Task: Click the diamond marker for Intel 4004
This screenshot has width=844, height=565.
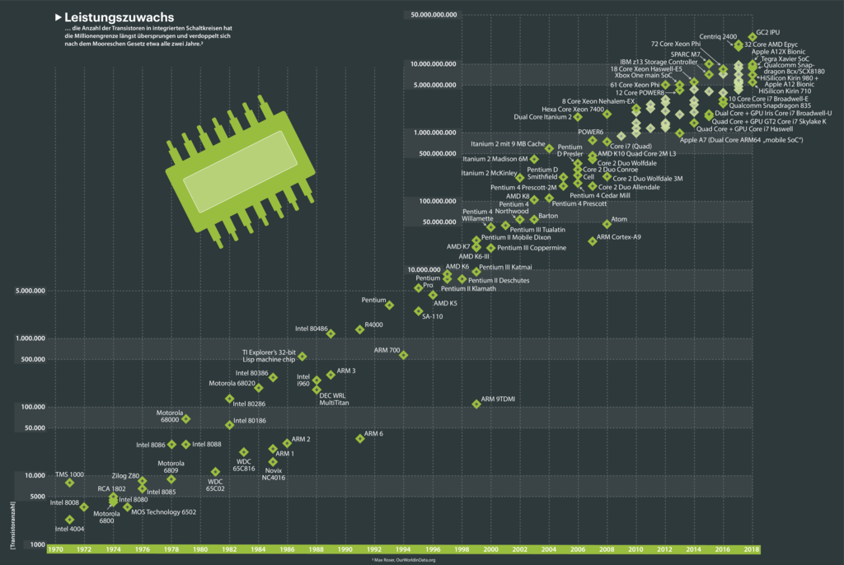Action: point(69,520)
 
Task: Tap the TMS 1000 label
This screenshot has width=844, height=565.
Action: point(69,474)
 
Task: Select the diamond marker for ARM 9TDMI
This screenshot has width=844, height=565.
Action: point(476,404)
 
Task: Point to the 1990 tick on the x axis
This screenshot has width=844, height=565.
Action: point(345,549)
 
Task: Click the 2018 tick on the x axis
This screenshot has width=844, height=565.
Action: point(752,549)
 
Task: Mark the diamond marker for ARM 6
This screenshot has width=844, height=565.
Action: point(359,438)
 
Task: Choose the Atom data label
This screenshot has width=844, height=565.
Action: point(620,219)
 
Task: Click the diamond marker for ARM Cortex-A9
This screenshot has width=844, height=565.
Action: point(592,240)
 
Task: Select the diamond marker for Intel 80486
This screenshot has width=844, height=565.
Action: point(331,334)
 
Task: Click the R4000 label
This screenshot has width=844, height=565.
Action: point(373,325)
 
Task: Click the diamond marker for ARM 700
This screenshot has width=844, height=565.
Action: point(403,355)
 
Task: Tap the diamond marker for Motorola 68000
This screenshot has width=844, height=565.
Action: point(185,419)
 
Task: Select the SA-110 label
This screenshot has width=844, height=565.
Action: point(433,316)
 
